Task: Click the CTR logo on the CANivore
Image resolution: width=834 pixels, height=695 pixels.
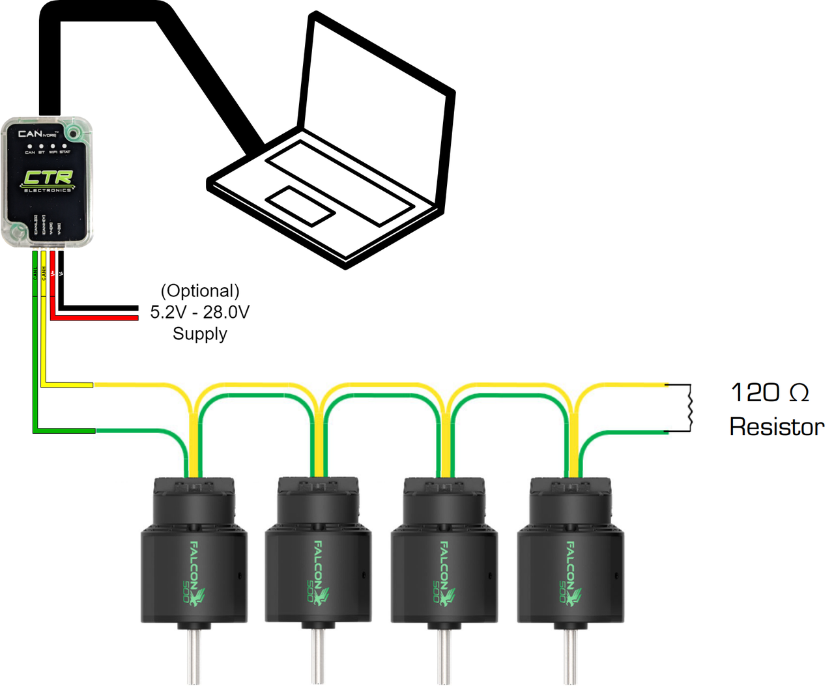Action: click(x=48, y=177)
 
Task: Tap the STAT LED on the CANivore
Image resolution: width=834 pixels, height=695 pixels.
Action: click(x=65, y=146)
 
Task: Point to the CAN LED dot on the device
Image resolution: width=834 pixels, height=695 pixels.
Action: click(x=30, y=146)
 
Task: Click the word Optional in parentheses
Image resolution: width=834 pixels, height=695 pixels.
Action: click(x=200, y=291)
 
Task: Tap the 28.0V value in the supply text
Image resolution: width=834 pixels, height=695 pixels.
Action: click(x=226, y=312)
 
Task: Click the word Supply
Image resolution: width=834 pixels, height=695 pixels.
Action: click(x=200, y=334)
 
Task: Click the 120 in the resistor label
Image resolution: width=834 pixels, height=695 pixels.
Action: click(x=755, y=393)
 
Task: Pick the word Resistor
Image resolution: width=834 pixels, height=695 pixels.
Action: click(x=777, y=427)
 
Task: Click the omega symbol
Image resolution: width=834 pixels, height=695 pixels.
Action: click(x=799, y=393)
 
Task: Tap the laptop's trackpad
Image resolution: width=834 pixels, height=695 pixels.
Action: click(x=301, y=206)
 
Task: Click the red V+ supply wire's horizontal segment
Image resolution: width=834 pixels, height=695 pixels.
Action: click(x=98, y=317)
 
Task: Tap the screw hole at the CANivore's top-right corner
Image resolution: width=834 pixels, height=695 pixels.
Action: click(x=74, y=134)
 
